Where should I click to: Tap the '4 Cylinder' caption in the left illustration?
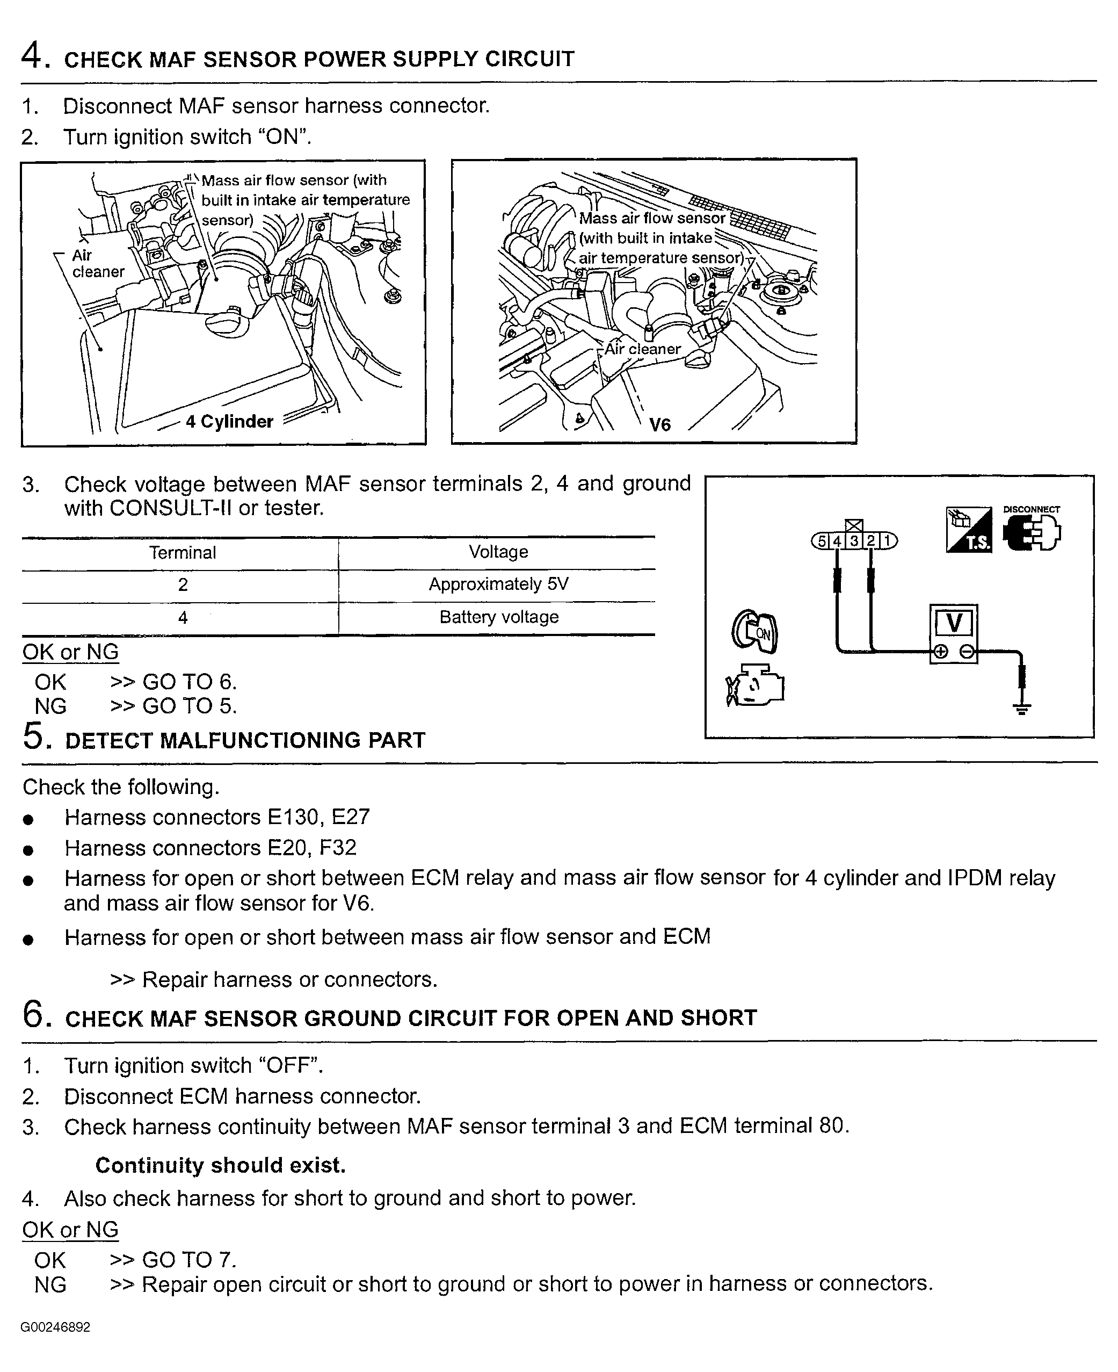(x=229, y=421)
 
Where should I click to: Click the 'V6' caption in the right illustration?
(x=659, y=424)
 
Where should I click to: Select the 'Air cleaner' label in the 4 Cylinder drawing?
(x=97, y=263)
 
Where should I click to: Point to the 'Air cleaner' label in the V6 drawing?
(x=642, y=349)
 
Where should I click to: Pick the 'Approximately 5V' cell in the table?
(x=498, y=584)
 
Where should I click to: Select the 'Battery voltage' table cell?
(x=498, y=617)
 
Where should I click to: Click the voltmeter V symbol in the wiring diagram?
(x=954, y=623)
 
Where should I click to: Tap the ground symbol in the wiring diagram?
(x=1021, y=709)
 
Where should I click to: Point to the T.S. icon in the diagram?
(x=969, y=530)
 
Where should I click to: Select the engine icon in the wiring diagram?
(x=755, y=685)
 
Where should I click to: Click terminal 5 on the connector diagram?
(x=821, y=541)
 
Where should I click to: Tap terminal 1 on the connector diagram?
(x=888, y=541)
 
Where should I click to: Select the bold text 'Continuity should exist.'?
(x=220, y=1165)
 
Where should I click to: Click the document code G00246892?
(x=55, y=1327)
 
